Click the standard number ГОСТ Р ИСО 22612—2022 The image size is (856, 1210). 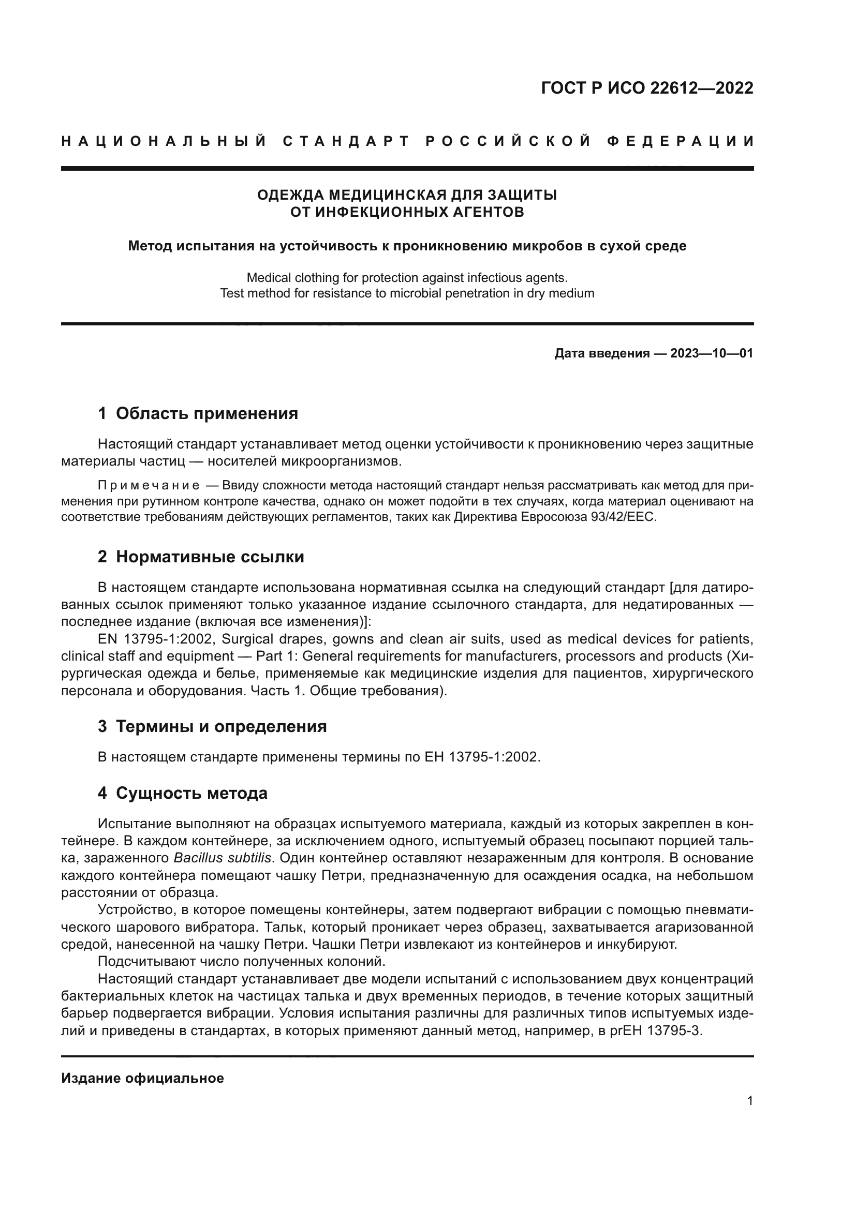(x=647, y=88)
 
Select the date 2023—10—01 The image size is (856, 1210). (x=712, y=353)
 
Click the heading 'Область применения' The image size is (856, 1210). (x=206, y=414)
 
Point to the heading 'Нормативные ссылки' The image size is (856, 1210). (x=210, y=557)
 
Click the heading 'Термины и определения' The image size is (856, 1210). (x=221, y=727)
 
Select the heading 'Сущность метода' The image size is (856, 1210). (x=191, y=793)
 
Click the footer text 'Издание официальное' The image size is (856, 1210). (x=142, y=1078)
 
